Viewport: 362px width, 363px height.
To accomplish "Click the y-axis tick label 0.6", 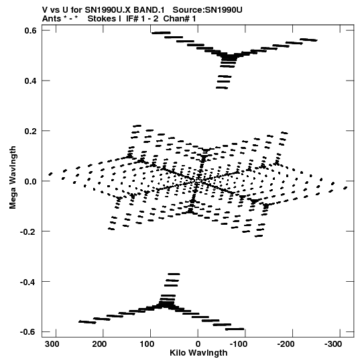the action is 31,30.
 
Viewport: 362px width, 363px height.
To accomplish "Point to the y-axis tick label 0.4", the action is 31,81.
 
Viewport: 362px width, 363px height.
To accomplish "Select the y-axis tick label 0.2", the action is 31,131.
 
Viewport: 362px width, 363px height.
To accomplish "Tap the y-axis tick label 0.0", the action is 31,181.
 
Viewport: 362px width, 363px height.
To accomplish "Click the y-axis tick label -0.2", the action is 28,231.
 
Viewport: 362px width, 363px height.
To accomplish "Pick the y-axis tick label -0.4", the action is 28,282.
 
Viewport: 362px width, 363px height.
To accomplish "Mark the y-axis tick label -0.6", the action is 28,332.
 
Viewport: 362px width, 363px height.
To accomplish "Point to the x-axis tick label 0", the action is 198,344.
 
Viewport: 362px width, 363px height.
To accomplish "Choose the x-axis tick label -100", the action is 239,344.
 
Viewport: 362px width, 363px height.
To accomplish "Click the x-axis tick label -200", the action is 286,344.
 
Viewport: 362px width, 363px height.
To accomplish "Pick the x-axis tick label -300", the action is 333,344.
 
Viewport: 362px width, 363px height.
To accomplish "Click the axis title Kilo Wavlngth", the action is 198,353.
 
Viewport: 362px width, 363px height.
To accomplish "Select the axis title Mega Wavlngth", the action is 13,178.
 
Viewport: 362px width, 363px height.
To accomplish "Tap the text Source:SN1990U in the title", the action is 208,10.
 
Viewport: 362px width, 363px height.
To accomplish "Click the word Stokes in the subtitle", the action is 105,19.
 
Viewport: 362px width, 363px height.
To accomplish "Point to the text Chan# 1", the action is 180,19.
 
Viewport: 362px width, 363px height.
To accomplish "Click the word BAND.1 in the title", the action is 149,10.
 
